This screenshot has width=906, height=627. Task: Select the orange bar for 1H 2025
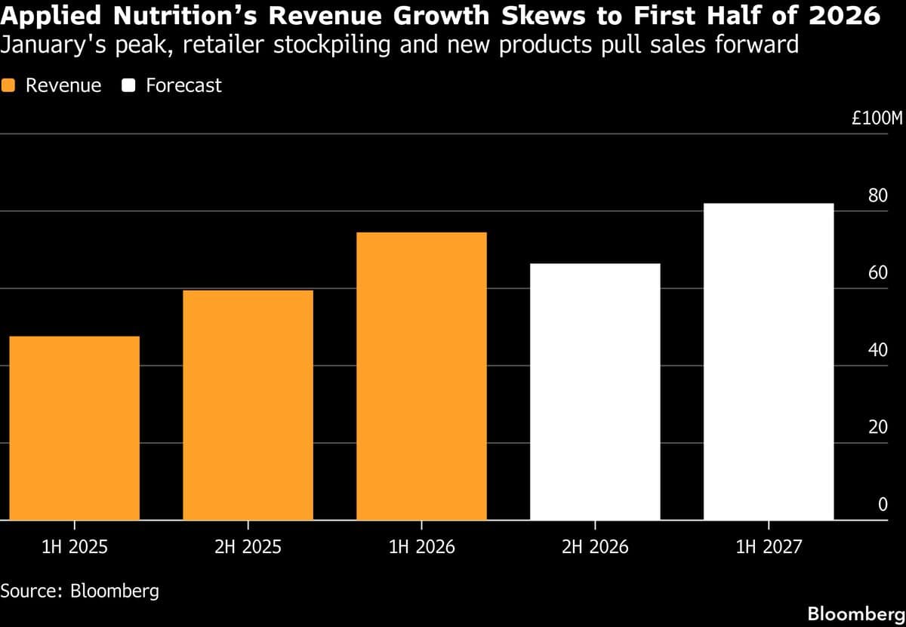point(75,428)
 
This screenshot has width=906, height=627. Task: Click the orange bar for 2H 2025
point(248,405)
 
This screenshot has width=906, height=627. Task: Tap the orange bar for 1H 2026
point(421,376)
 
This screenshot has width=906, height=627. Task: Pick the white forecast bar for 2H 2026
point(595,392)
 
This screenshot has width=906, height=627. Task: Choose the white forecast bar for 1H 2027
point(769,361)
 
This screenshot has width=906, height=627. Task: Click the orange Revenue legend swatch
point(10,85)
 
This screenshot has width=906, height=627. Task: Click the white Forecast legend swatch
point(129,85)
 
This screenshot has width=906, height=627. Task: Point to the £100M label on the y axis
point(877,119)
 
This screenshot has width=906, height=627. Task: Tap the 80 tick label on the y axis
point(878,196)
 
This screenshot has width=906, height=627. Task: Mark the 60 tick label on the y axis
point(878,273)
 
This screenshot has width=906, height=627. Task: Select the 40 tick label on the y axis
point(878,350)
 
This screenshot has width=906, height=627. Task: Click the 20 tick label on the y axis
point(878,427)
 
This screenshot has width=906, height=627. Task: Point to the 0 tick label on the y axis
point(883,505)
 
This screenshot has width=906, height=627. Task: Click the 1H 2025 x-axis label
point(75,546)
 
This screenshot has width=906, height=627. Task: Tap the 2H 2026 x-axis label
point(595,546)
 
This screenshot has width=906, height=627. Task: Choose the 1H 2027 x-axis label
point(769,546)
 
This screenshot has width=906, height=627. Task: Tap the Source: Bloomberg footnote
point(80,590)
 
